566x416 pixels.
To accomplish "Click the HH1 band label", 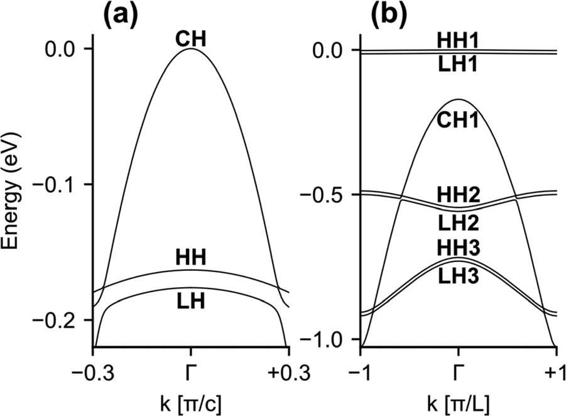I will pos(459,40).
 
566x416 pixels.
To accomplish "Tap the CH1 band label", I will pos(459,119).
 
